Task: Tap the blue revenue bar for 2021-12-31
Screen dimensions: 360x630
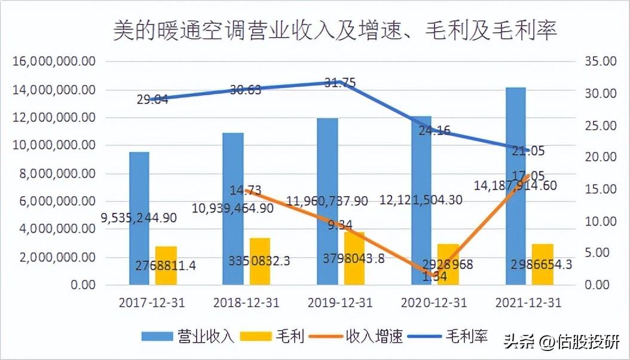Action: (x=516, y=185)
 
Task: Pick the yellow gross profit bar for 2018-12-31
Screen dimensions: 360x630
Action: (x=260, y=261)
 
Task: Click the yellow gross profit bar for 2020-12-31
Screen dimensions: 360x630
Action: (x=448, y=264)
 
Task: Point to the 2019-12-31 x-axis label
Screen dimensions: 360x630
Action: (x=340, y=303)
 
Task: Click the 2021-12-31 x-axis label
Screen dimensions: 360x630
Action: (x=528, y=303)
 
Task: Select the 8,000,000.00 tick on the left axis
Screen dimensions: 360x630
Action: (x=54, y=173)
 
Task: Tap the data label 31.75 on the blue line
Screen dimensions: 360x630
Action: (x=340, y=83)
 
